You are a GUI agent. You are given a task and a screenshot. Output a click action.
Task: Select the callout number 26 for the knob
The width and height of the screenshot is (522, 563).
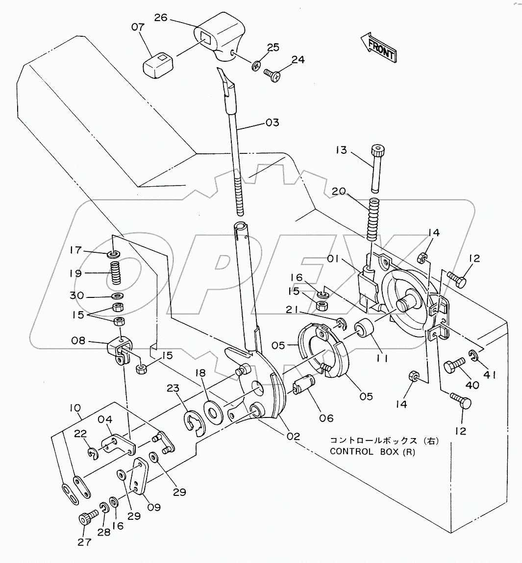[x=161, y=18]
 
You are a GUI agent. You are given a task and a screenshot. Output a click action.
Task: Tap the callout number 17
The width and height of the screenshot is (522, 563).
[x=75, y=250]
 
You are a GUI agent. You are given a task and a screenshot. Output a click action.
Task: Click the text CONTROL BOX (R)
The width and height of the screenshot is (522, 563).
[x=372, y=452]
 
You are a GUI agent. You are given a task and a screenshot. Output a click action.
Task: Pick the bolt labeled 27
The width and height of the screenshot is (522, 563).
[x=85, y=519]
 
